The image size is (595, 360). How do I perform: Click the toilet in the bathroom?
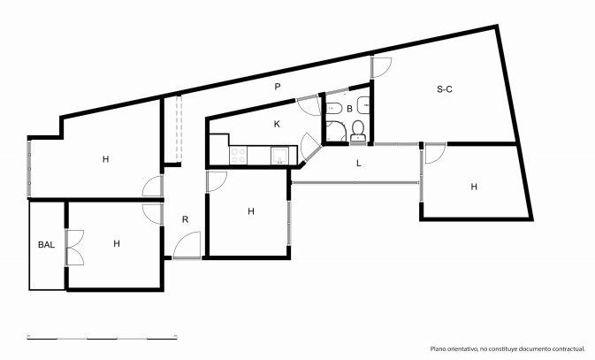point(358,130)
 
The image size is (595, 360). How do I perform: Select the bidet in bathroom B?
point(334,108)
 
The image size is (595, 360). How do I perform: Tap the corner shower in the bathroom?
point(336,131)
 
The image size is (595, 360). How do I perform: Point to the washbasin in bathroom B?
point(363,105)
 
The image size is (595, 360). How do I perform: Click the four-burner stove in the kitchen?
point(239,156)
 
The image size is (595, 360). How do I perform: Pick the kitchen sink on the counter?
point(279,156)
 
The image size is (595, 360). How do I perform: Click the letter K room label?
point(277,124)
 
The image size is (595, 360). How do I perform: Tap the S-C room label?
point(445,89)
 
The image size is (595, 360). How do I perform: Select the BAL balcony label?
point(46,244)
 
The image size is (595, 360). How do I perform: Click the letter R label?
point(185,219)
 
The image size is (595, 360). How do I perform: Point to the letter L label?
point(359,164)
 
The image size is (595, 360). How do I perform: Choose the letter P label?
point(278,87)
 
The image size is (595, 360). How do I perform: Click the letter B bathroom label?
point(349,109)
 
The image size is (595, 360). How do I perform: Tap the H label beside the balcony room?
point(117,243)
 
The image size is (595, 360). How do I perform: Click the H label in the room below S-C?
point(474,187)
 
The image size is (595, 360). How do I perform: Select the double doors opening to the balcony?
point(75,247)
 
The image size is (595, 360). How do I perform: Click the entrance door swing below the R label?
point(187,245)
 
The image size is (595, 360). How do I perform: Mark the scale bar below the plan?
point(102,337)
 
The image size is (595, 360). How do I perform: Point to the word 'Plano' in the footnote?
point(437,349)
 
